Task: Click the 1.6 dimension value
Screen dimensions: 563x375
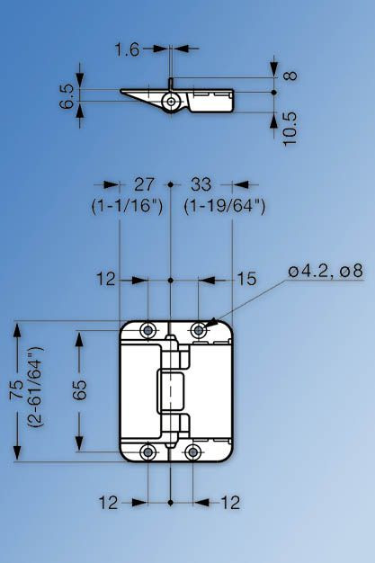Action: [127, 50]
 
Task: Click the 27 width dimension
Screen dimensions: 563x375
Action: [144, 184]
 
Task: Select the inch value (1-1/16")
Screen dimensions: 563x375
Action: [127, 206]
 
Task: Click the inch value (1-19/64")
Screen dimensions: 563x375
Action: [225, 206]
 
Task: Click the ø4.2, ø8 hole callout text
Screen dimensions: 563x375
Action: [326, 270]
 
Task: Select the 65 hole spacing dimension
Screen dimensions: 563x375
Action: [79, 390]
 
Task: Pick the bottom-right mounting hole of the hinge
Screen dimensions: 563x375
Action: [192, 451]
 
